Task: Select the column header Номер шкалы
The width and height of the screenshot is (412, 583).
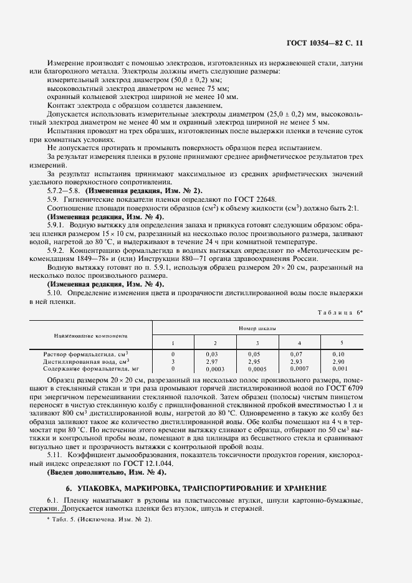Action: [x=257, y=327]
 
